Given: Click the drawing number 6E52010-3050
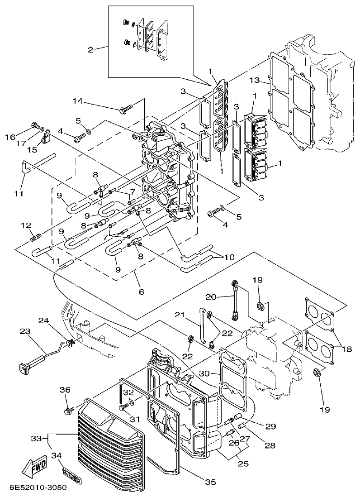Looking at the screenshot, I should (38, 488).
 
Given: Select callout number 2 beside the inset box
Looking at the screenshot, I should (90, 49).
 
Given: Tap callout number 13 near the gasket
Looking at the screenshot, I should (254, 80).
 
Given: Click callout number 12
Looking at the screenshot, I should (26, 225).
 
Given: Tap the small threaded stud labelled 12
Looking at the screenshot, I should (37, 236).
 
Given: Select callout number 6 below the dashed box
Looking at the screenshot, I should (141, 292).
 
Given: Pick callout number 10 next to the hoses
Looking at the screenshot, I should (229, 257).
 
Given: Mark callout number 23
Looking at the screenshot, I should (25, 331).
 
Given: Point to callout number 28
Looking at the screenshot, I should (270, 445).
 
